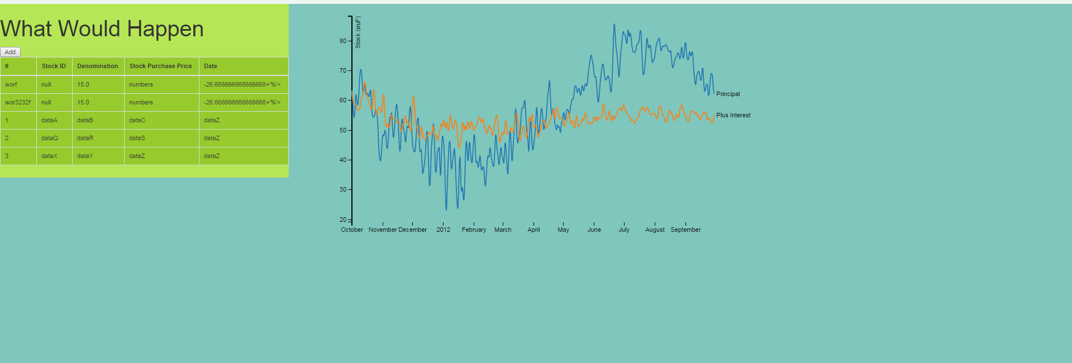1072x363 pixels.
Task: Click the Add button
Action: click(x=10, y=52)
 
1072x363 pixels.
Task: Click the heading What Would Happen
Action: click(x=102, y=29)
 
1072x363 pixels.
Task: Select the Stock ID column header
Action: click(x=54, y=66)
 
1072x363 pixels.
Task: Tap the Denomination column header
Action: click(x=97, y=66)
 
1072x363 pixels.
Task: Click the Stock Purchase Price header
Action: click(x=160, y=66)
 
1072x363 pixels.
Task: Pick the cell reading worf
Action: click(x=11, y=84)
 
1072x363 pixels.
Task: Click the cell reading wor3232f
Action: click(x=18, y=102)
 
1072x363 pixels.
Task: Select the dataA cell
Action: click(x=49, y=120)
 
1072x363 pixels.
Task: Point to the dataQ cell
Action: click(x=49, y=138)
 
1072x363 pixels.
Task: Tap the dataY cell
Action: click(x=85, y=156)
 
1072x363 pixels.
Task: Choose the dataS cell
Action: click(x=137, y=138)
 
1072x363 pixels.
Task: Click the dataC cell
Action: click(x=137, y=120)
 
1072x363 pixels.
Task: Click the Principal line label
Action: click(x=728, y=94)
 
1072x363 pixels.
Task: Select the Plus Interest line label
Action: click(x=733, y=115)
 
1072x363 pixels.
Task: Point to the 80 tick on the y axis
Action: click(x=343, y=41)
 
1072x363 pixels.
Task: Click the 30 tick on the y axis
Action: click(x=343, y=189)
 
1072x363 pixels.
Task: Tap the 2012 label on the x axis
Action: click(x=443, y=230)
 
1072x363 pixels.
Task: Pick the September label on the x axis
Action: click(x=685, y=230)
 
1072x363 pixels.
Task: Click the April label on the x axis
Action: click(x=533, y=230)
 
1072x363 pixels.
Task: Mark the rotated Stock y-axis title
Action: click(x=358, y=32)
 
